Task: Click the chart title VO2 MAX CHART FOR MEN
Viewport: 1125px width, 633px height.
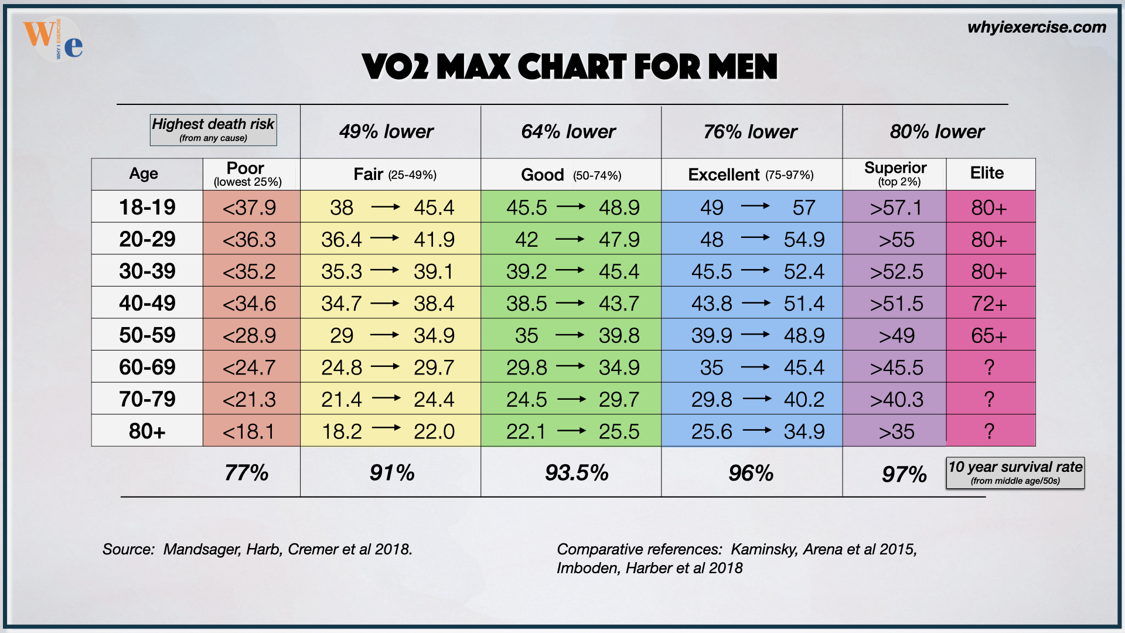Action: point(570,66)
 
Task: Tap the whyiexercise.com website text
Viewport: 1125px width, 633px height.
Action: point(1037,27)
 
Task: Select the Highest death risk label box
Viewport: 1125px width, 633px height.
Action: point(213,130)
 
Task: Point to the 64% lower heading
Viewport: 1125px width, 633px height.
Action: point(568,131)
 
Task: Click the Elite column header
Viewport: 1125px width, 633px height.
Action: point(987,173)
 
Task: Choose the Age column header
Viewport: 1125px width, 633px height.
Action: point(144,173)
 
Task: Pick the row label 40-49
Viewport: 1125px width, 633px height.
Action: point(147,303)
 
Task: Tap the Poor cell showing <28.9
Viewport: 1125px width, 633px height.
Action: point(250,335)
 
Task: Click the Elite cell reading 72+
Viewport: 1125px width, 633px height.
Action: point(988,304)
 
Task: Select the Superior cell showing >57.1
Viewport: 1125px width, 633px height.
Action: point(896,207)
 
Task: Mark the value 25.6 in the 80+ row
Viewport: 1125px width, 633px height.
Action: point(711,431)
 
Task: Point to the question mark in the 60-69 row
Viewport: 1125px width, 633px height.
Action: point(989,367)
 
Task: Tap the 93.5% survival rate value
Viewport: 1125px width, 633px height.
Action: point(577,472)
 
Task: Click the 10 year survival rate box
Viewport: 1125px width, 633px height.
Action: point(1015,472)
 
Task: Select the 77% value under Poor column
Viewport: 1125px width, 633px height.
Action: point(246,472)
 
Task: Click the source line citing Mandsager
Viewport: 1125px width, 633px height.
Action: point(257,549)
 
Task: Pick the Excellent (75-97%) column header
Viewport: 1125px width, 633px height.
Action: point(751,175)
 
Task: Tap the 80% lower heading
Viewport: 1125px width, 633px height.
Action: point(937,131)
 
